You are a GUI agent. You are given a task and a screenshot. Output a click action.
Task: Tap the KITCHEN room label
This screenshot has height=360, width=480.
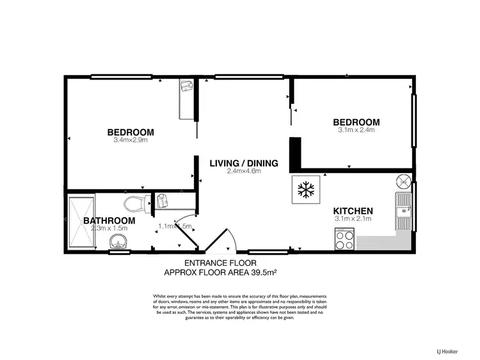point(353,211)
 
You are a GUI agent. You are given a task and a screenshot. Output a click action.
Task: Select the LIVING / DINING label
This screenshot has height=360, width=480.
point(244,163)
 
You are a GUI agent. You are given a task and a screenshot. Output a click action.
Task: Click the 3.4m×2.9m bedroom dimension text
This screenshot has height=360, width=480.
point(131,140)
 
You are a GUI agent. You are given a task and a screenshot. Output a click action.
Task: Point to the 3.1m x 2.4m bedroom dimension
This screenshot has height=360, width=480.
point(356,130)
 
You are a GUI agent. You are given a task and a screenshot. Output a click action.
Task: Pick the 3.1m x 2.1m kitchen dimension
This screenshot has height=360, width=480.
point(353,219)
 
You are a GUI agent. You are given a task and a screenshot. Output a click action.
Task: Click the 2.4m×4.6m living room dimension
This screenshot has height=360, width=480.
point(244,171)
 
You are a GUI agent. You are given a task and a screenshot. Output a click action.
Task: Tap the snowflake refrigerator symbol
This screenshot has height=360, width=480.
point(305,189)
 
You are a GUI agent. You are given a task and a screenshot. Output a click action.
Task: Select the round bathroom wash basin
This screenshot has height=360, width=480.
point(118,241)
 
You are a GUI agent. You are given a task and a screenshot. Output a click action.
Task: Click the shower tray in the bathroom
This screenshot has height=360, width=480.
point(81,222)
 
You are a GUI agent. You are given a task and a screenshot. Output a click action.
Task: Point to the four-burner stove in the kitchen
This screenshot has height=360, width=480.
point(344,240)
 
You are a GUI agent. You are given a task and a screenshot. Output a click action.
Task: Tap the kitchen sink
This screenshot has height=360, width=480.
point(403,210)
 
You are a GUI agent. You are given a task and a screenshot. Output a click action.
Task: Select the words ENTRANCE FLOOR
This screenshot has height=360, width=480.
point(220,263)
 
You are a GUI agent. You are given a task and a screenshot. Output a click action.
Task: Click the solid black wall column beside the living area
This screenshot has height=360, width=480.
point(295,153)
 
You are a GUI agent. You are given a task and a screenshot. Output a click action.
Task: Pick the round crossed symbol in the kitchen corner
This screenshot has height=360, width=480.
point(404,181)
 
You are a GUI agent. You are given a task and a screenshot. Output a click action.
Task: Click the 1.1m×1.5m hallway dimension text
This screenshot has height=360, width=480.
point(175,226)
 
